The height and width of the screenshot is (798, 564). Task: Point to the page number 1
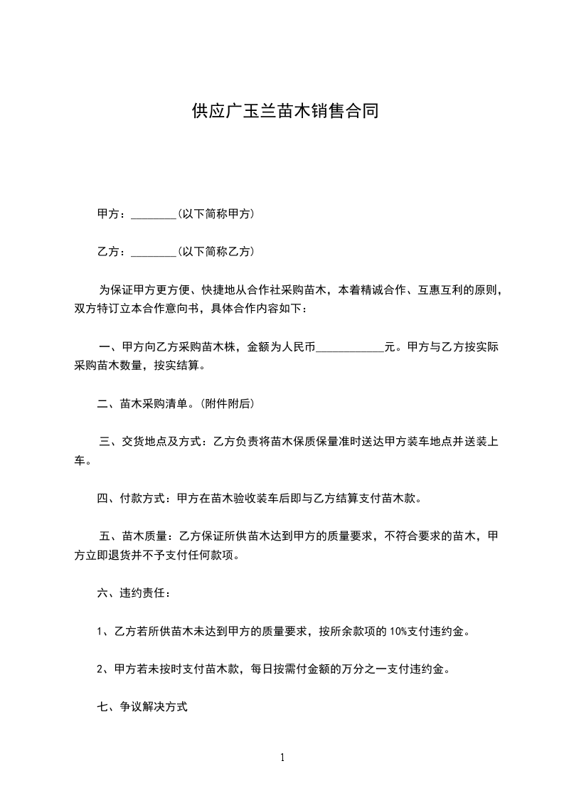tap(282, 757)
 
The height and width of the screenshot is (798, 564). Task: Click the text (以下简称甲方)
tap(216, 213)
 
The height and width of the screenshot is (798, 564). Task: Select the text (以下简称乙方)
tap(216, 252)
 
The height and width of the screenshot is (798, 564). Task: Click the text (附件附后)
tap(227, 404)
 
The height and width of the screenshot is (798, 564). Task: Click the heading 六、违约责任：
tap(134, 593)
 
